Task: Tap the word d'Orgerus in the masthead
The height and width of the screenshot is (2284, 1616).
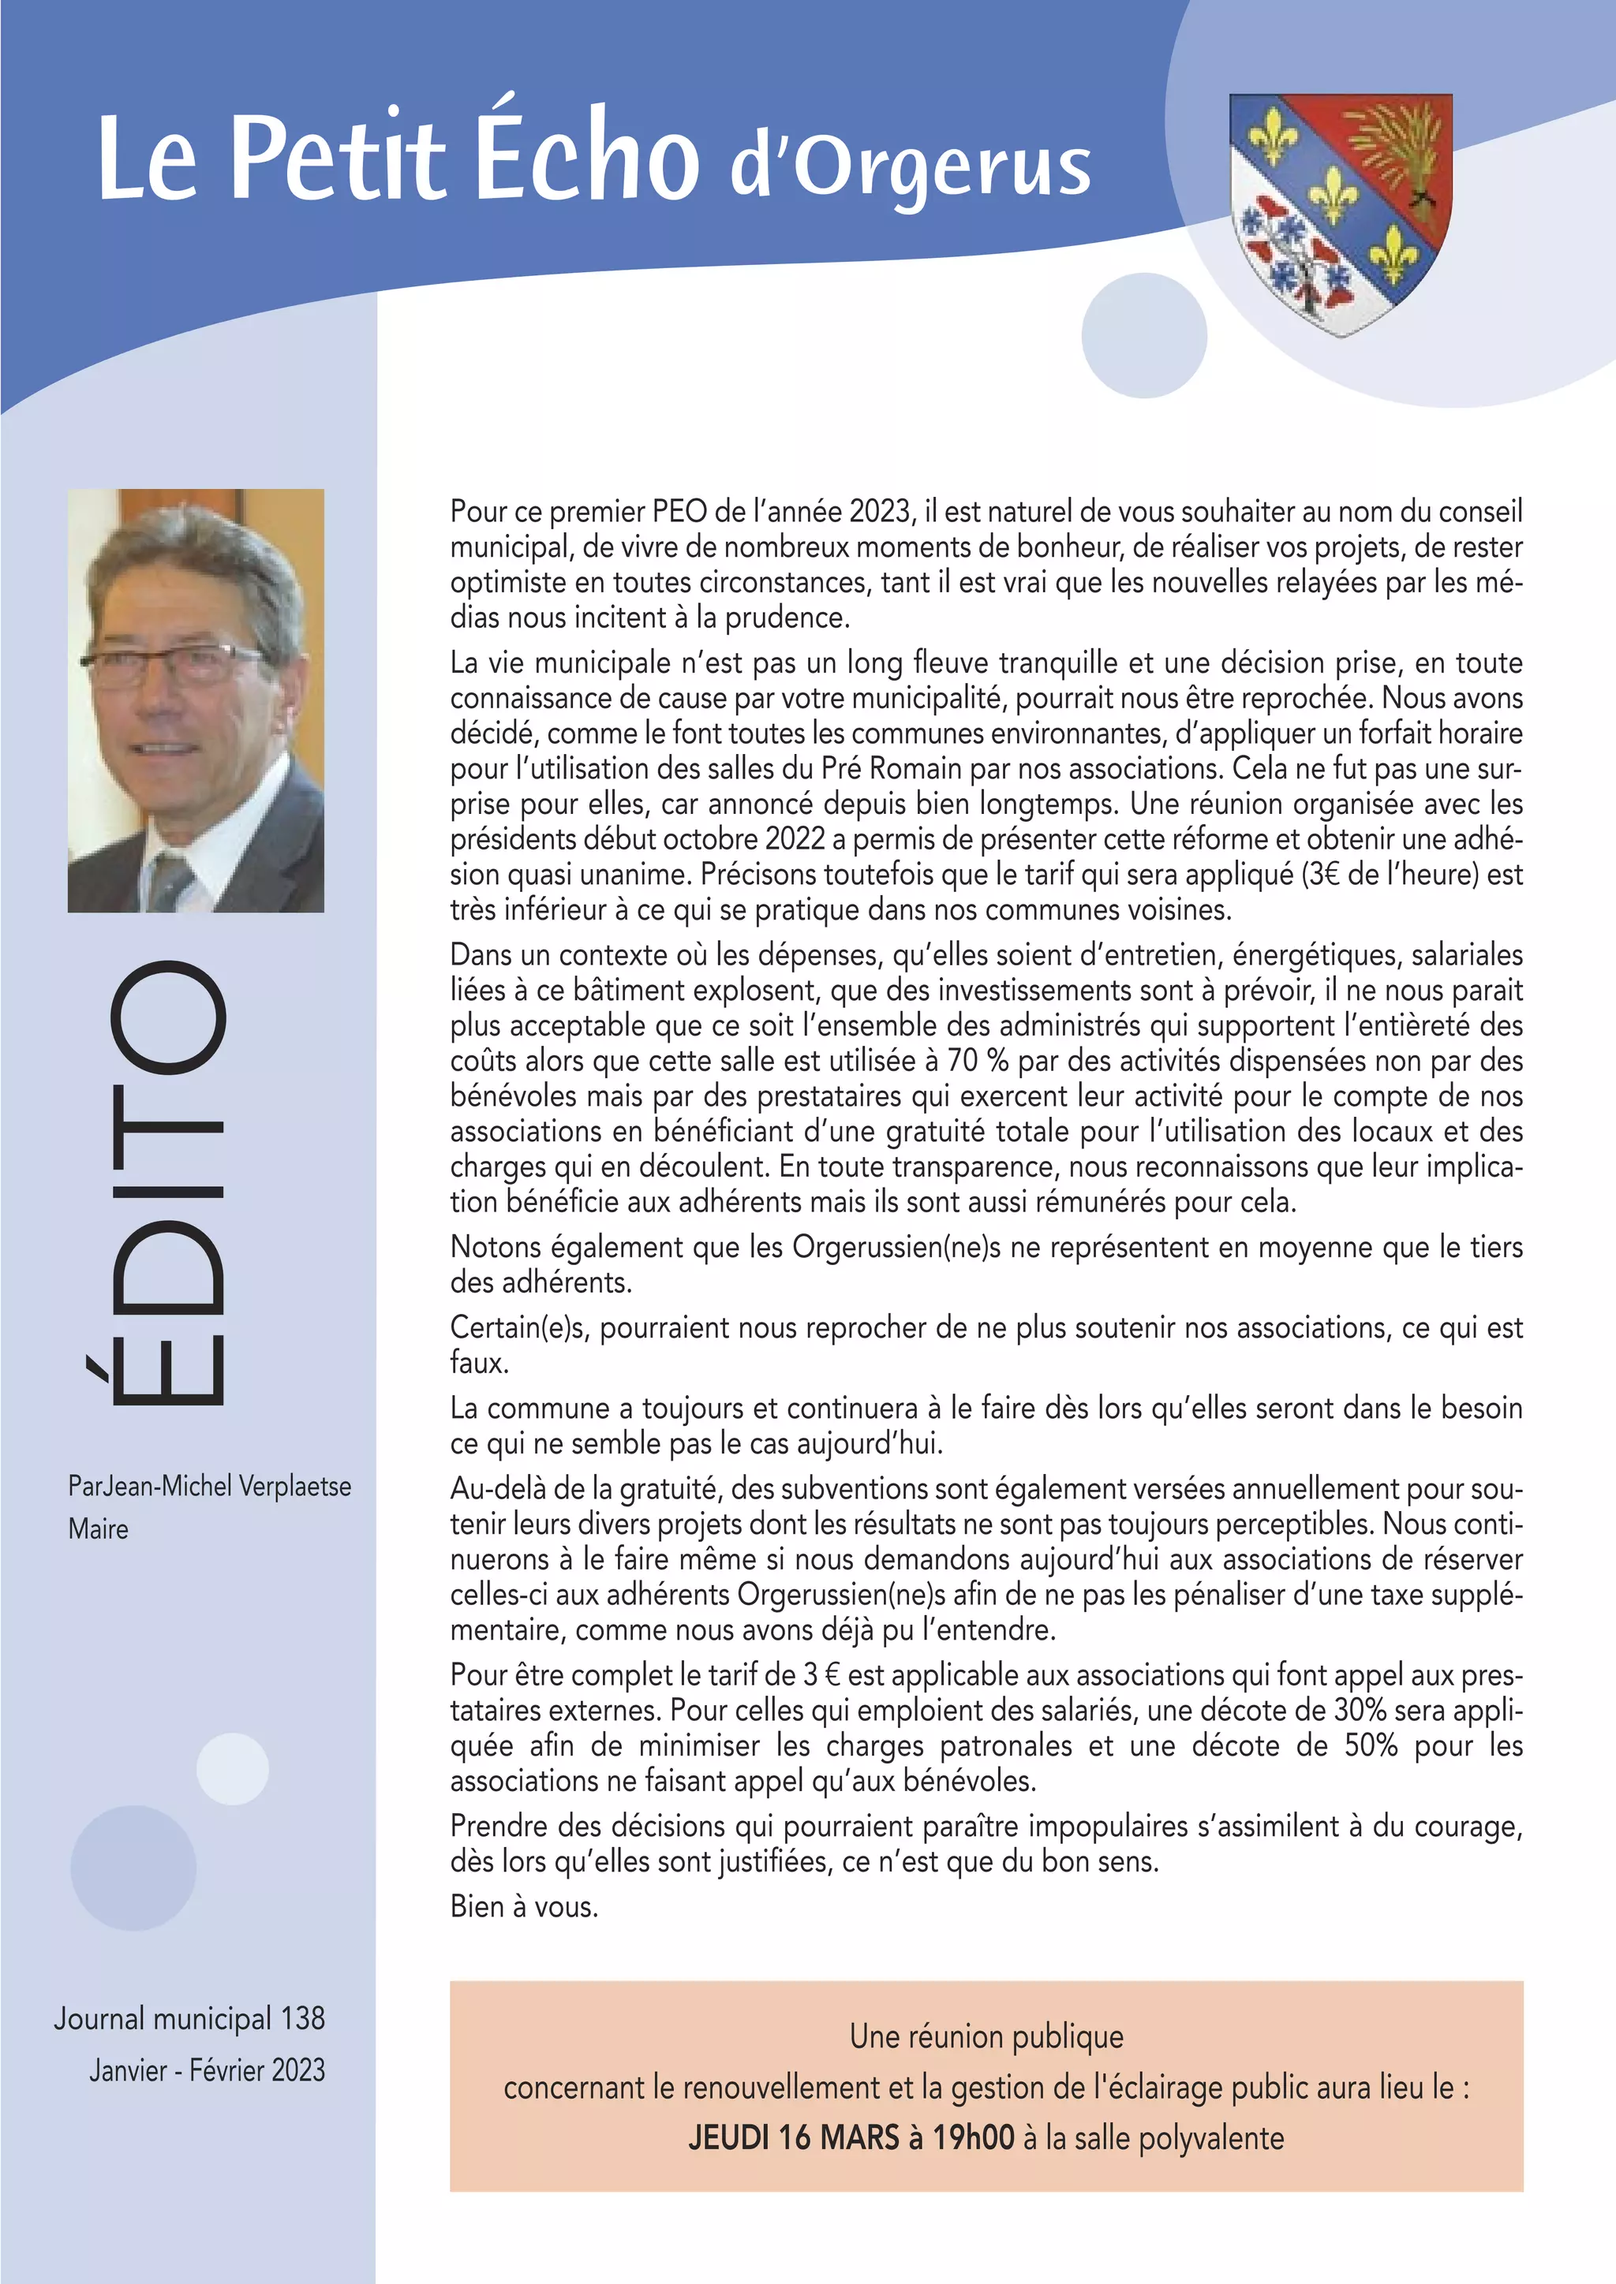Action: (911, 169)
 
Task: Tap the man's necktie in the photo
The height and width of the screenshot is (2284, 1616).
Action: (169, 880)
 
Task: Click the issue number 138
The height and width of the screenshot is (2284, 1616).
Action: (302, 2018)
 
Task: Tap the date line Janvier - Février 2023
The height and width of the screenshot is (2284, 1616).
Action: (207, 2070)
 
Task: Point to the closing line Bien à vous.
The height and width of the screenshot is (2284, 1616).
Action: (525, 1907)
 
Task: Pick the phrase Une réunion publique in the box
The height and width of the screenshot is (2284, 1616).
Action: (986, 2036)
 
